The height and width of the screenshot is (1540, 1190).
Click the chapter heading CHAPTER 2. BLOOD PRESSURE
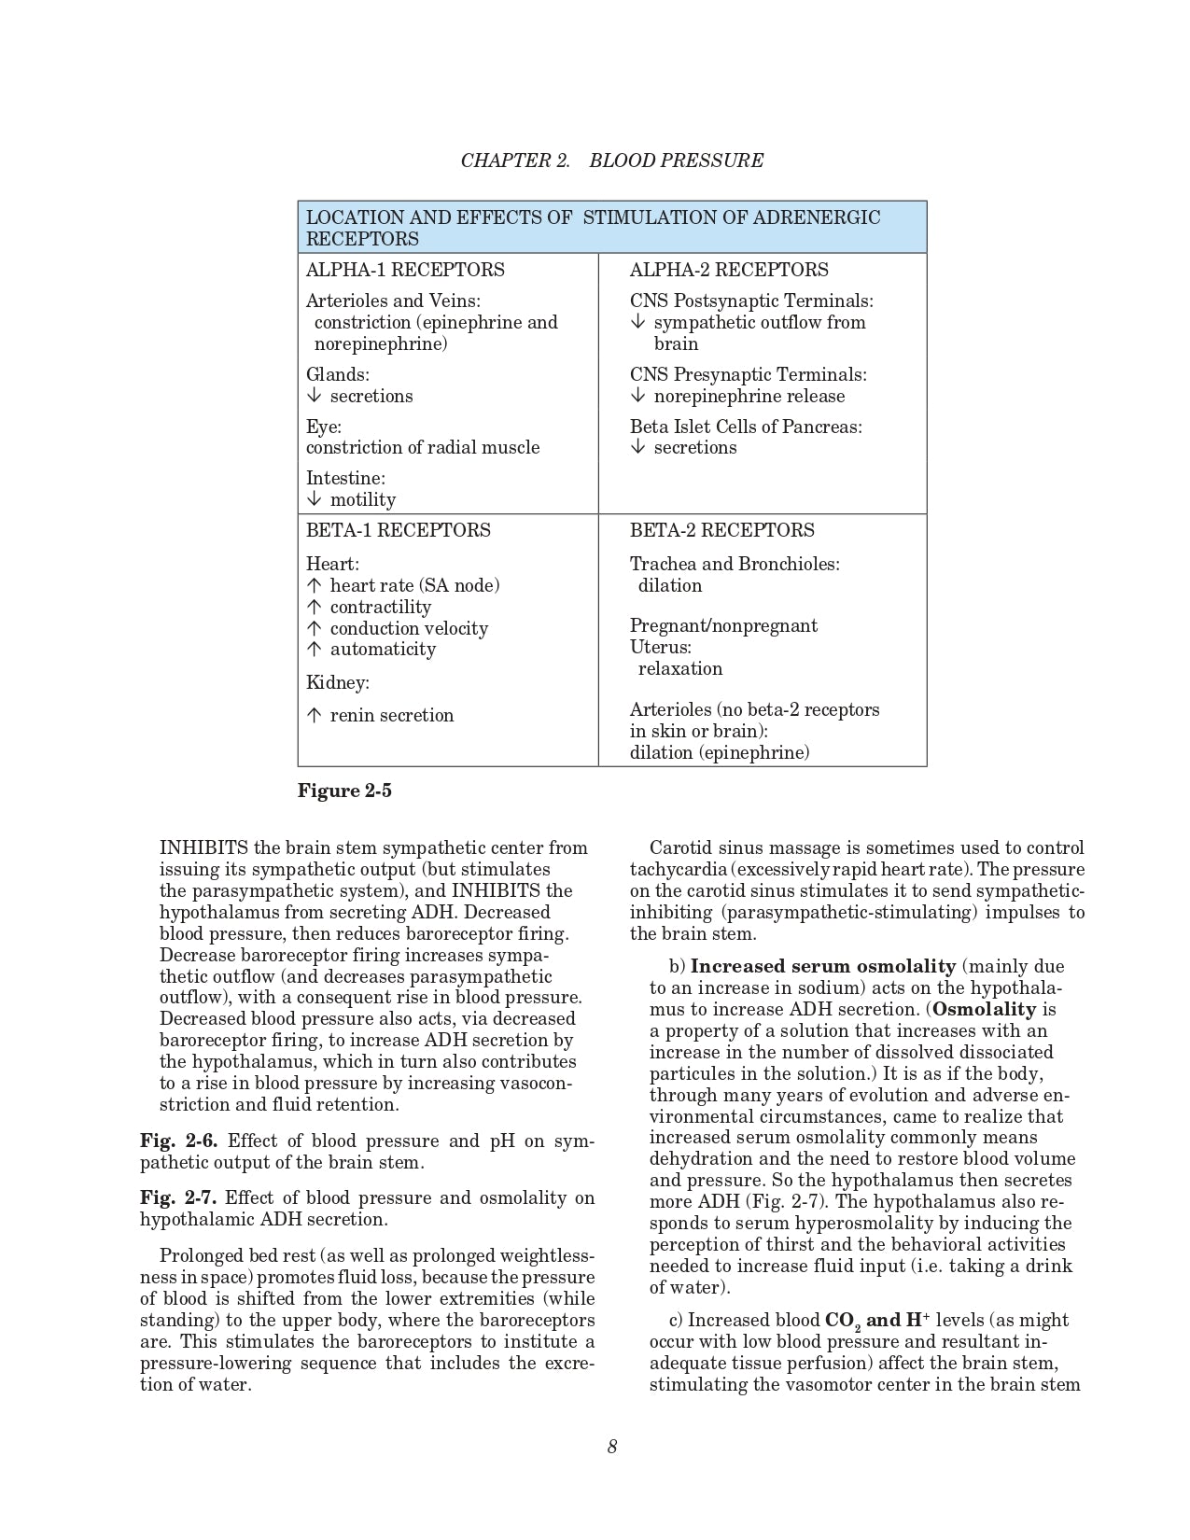(x=611, y=161)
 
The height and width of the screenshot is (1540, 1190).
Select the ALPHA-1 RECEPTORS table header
(x=405, y=270)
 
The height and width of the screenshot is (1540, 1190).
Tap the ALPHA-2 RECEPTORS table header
(x=729, y=270)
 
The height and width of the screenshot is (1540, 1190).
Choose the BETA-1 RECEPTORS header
(x=399, y=530)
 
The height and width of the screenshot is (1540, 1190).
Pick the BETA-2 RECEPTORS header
(x=721, y=530)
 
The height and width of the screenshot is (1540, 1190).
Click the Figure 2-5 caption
(x=344, y=791)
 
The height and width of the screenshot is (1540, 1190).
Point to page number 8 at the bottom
(x=612, y=1447)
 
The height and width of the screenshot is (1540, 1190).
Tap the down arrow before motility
(x=314, y=499)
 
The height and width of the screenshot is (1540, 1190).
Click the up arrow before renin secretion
(x=314, y=716)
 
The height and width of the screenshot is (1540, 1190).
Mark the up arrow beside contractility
(x=314, y=608)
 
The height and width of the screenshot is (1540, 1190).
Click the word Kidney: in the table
(x=338, y=682)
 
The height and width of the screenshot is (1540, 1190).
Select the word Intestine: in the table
(x=345, y=478)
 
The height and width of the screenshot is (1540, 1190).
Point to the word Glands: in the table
(x=338, y=374)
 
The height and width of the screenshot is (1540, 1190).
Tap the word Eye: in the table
(x=324, y=427)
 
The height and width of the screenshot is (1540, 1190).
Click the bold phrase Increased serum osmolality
(x=822, y=966)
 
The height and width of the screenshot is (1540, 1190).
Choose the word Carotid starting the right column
(x=680, y=847)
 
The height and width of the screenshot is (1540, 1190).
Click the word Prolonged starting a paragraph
(x=201, y=1255)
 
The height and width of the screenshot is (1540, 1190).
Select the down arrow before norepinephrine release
(x=637, y=396)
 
